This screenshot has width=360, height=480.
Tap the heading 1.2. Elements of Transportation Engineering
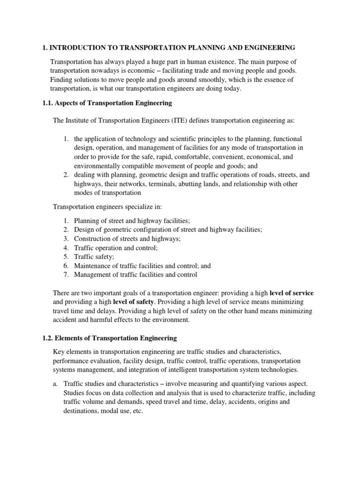[109, 337]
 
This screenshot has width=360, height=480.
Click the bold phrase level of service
[292, 293]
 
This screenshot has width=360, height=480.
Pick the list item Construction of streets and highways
[127, 239]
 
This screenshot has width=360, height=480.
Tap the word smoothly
[198, 80]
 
